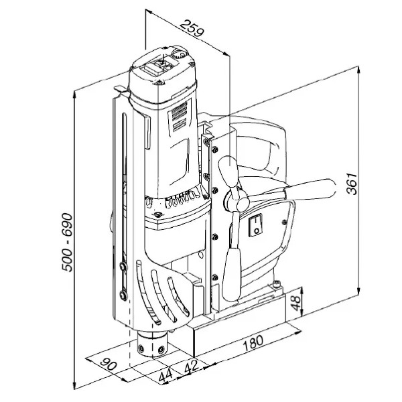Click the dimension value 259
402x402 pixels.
[x=192, y=28]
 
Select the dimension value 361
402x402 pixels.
[x=352, y=184]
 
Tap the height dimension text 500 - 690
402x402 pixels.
[x=68, y=242]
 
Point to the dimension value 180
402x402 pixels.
[x=253, y=343]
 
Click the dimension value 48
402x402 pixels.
[x=295, y=303]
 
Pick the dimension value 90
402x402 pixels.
[x=109, y=364]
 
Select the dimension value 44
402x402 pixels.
[x=165, y=376]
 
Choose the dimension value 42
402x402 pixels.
[x=191, y=366]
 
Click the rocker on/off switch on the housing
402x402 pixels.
[x=256, y=225]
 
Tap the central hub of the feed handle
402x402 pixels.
[x=237, y=201]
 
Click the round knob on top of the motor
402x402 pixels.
[x=180, y=54]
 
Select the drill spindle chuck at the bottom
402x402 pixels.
[x=153, y=344]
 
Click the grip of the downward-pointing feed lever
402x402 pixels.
[x=232, y=274]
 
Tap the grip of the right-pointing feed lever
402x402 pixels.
[x=310, y=190]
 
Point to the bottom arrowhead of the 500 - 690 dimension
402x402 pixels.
[x=74, y=385]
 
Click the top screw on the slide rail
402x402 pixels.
[x=215, y=149]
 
